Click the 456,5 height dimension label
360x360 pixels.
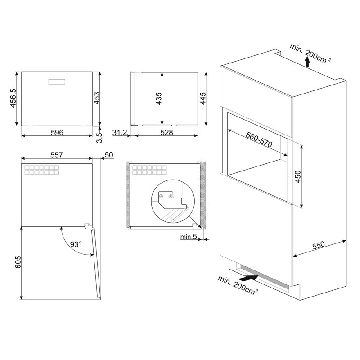click(13, 98)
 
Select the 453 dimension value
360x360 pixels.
click(97, 98)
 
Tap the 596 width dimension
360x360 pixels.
click(57, 132)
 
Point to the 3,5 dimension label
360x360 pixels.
click(99, 138)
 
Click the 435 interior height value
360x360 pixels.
click(159, 99)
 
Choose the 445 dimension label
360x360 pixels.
click(203, 99)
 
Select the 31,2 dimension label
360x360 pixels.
click(120, 132)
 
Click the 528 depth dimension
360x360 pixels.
click(166, 132)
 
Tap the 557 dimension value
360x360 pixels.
click(57, 155)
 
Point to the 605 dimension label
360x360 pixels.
click(18, 262)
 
